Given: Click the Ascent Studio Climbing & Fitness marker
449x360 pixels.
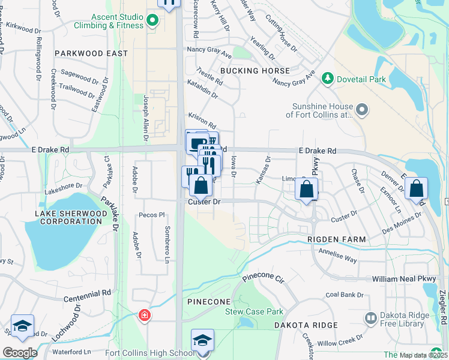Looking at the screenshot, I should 152,21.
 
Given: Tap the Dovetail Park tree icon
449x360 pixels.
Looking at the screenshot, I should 328,78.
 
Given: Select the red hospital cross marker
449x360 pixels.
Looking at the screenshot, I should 144,315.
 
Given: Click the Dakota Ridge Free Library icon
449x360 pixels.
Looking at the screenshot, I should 370,317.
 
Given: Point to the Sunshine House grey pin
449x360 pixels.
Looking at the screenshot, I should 362,110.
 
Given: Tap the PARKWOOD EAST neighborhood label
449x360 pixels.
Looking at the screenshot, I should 91,53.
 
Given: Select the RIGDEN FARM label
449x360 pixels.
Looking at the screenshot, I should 336,239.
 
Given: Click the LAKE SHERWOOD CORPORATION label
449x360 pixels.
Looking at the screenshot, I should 68,217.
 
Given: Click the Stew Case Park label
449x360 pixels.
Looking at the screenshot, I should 254,311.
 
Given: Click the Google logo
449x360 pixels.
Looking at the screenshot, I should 20,352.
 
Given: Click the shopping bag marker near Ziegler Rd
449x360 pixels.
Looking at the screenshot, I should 416,189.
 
